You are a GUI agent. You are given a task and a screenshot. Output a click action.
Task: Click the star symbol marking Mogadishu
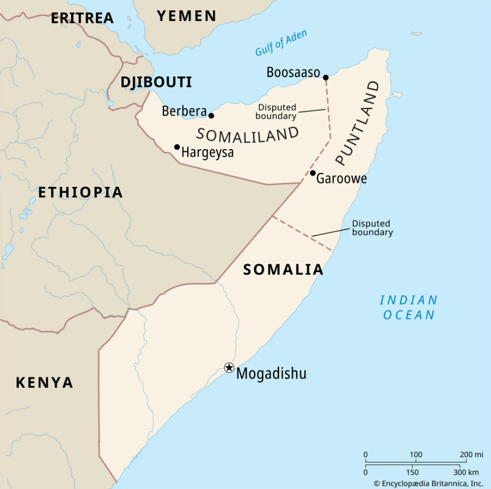[229, 368]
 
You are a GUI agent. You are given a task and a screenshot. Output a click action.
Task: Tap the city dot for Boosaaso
[325, 78]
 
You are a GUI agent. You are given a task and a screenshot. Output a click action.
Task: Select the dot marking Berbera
[211, 116]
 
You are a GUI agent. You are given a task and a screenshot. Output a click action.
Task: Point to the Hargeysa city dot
[177, 147]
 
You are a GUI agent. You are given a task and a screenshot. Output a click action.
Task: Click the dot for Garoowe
[312, 173]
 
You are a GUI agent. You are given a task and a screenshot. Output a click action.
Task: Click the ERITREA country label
[82, 18]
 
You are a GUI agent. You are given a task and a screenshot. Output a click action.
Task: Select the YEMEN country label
[187, 16]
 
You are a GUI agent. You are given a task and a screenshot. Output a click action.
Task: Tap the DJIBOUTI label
[156, 82]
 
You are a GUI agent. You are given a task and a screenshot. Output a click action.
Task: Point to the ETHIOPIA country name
[80, 192]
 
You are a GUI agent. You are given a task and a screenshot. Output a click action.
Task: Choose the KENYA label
[44, 383]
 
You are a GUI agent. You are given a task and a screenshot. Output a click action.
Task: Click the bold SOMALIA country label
[283, 269]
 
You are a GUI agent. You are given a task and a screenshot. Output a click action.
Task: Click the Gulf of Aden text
[281, 43]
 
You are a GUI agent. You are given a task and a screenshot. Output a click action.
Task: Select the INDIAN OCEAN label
[409, 308]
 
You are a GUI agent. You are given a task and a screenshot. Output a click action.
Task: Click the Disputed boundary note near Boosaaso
[276, 111]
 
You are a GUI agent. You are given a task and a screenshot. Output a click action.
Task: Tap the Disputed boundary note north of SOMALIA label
[372, 228]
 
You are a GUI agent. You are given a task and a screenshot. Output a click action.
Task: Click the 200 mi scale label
[471, 455]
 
